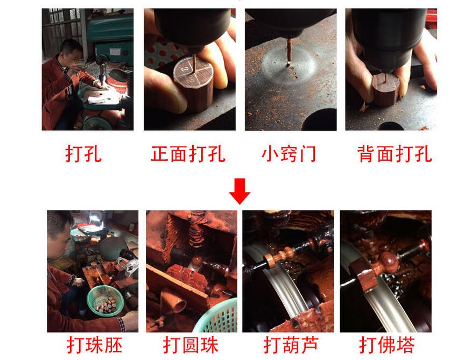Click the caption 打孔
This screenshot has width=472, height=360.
[x=83, y=154]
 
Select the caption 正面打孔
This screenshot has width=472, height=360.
[x=188, y=154]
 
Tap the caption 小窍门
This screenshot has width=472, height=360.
[x=289, y=154]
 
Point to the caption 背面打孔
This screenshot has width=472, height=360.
[x=394, y=154]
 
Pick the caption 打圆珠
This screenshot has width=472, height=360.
[x=191, y=344]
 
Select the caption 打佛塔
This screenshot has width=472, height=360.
[x=387, y=344]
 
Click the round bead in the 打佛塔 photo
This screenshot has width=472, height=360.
[x=387, y=264]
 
